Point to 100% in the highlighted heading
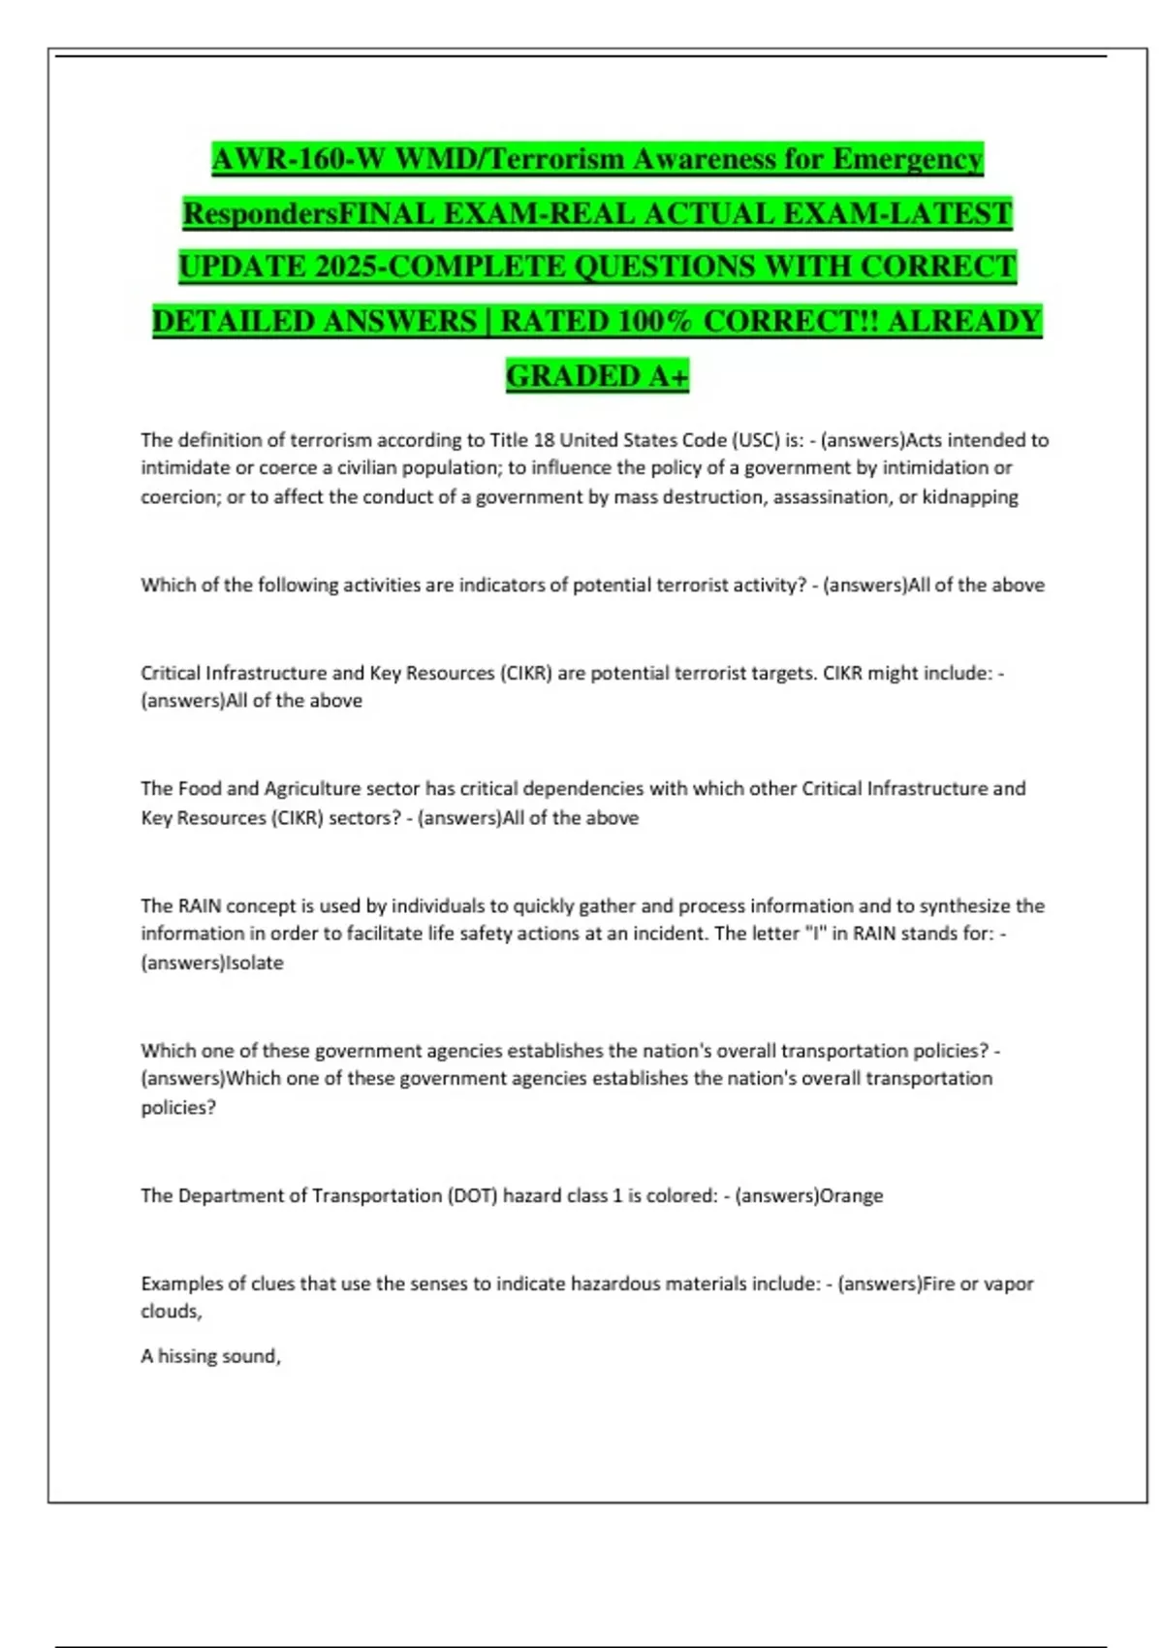(x=654, y=321)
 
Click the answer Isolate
(x=255, y=964)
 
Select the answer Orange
(x=852, y=1196)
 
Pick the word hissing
(x=186, y=1357)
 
